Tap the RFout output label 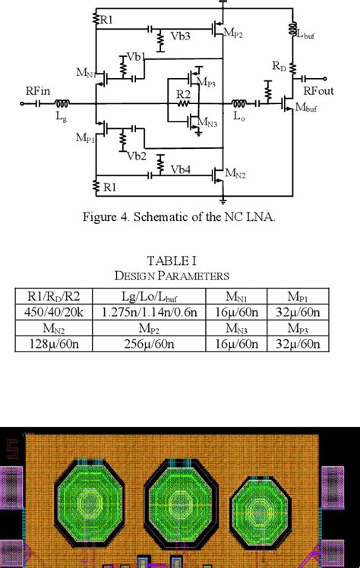[319, 90]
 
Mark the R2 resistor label [183, 94]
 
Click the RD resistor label [279, 66]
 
